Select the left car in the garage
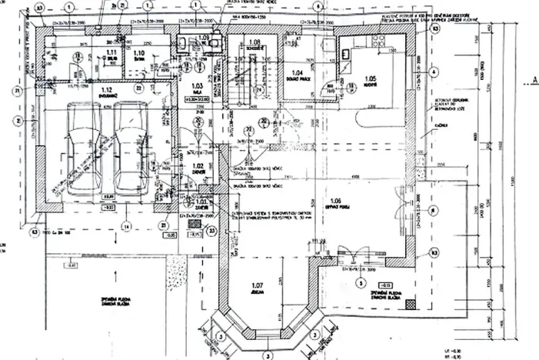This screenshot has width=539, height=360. coord(84,146)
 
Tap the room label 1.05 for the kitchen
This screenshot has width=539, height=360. coord(370,78)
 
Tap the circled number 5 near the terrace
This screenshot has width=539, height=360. coord(359,282)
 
